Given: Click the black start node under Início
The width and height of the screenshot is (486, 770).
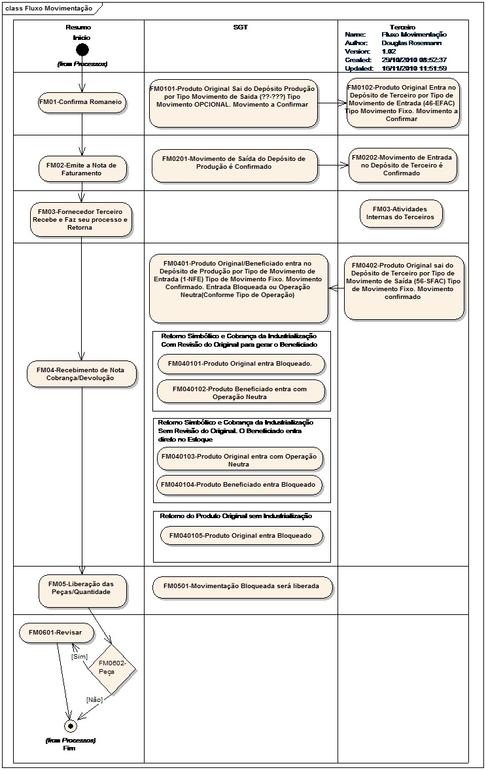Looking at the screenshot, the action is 82,50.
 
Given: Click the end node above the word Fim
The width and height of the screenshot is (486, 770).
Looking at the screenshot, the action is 70,726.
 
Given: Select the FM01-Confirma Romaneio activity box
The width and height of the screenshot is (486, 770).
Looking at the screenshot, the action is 82,103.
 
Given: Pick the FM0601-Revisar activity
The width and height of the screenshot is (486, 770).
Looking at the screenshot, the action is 56,633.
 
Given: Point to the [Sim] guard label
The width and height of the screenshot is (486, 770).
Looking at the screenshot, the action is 80,657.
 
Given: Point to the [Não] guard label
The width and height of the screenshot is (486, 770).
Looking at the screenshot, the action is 94,699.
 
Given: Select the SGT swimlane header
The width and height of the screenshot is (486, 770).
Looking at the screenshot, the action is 241,27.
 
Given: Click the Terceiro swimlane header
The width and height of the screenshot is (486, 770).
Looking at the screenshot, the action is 402,27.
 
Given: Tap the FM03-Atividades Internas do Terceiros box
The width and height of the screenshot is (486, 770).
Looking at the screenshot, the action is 401,214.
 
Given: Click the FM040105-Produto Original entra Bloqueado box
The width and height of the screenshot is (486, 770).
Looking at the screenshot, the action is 241,536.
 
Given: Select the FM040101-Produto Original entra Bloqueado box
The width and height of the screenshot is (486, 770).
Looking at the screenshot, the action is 241,364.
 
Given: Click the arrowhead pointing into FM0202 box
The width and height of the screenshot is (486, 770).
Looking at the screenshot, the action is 345,166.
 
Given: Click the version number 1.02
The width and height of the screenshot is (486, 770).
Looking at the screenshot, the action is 389,52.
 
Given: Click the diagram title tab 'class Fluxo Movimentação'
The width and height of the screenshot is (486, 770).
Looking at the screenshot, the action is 48,9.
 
